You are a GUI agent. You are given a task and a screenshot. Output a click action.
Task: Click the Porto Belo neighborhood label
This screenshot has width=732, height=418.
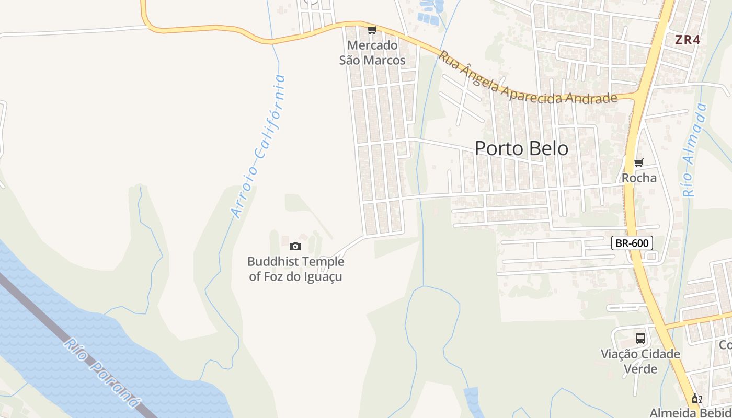[521, 148]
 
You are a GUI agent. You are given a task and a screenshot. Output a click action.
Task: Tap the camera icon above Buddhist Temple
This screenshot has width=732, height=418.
[295, 246]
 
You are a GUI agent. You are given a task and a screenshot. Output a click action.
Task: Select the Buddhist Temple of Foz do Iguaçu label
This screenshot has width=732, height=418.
[296, 269]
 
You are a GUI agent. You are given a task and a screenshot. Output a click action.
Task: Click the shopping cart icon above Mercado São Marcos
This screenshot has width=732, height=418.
[372, 30]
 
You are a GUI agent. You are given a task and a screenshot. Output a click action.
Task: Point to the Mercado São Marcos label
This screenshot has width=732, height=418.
[372, 53]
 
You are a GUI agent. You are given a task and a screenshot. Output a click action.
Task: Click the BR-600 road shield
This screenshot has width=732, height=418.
[632, 243]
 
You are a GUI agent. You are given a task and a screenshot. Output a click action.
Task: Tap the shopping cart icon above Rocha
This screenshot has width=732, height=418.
[638, 163]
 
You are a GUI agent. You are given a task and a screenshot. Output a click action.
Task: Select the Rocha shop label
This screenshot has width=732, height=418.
[639, 178]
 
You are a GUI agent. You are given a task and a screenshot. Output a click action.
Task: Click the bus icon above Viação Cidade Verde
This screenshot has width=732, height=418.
[641, 338]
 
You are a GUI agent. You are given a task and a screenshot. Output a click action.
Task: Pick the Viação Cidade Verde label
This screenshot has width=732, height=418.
[641, 362]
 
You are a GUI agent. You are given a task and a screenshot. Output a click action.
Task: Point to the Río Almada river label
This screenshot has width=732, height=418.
[694, 150]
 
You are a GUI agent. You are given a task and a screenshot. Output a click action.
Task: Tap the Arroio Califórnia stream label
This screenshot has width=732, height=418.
[259, 146]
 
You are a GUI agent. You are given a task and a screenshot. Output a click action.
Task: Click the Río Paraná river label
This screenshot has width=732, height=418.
[102, 373]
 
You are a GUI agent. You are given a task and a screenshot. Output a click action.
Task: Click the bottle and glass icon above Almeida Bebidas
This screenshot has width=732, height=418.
[696, 399]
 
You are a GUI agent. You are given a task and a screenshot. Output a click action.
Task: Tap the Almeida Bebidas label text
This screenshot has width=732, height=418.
[690, 412]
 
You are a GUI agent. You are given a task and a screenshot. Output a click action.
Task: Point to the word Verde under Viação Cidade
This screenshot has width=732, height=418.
[641, 369]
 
